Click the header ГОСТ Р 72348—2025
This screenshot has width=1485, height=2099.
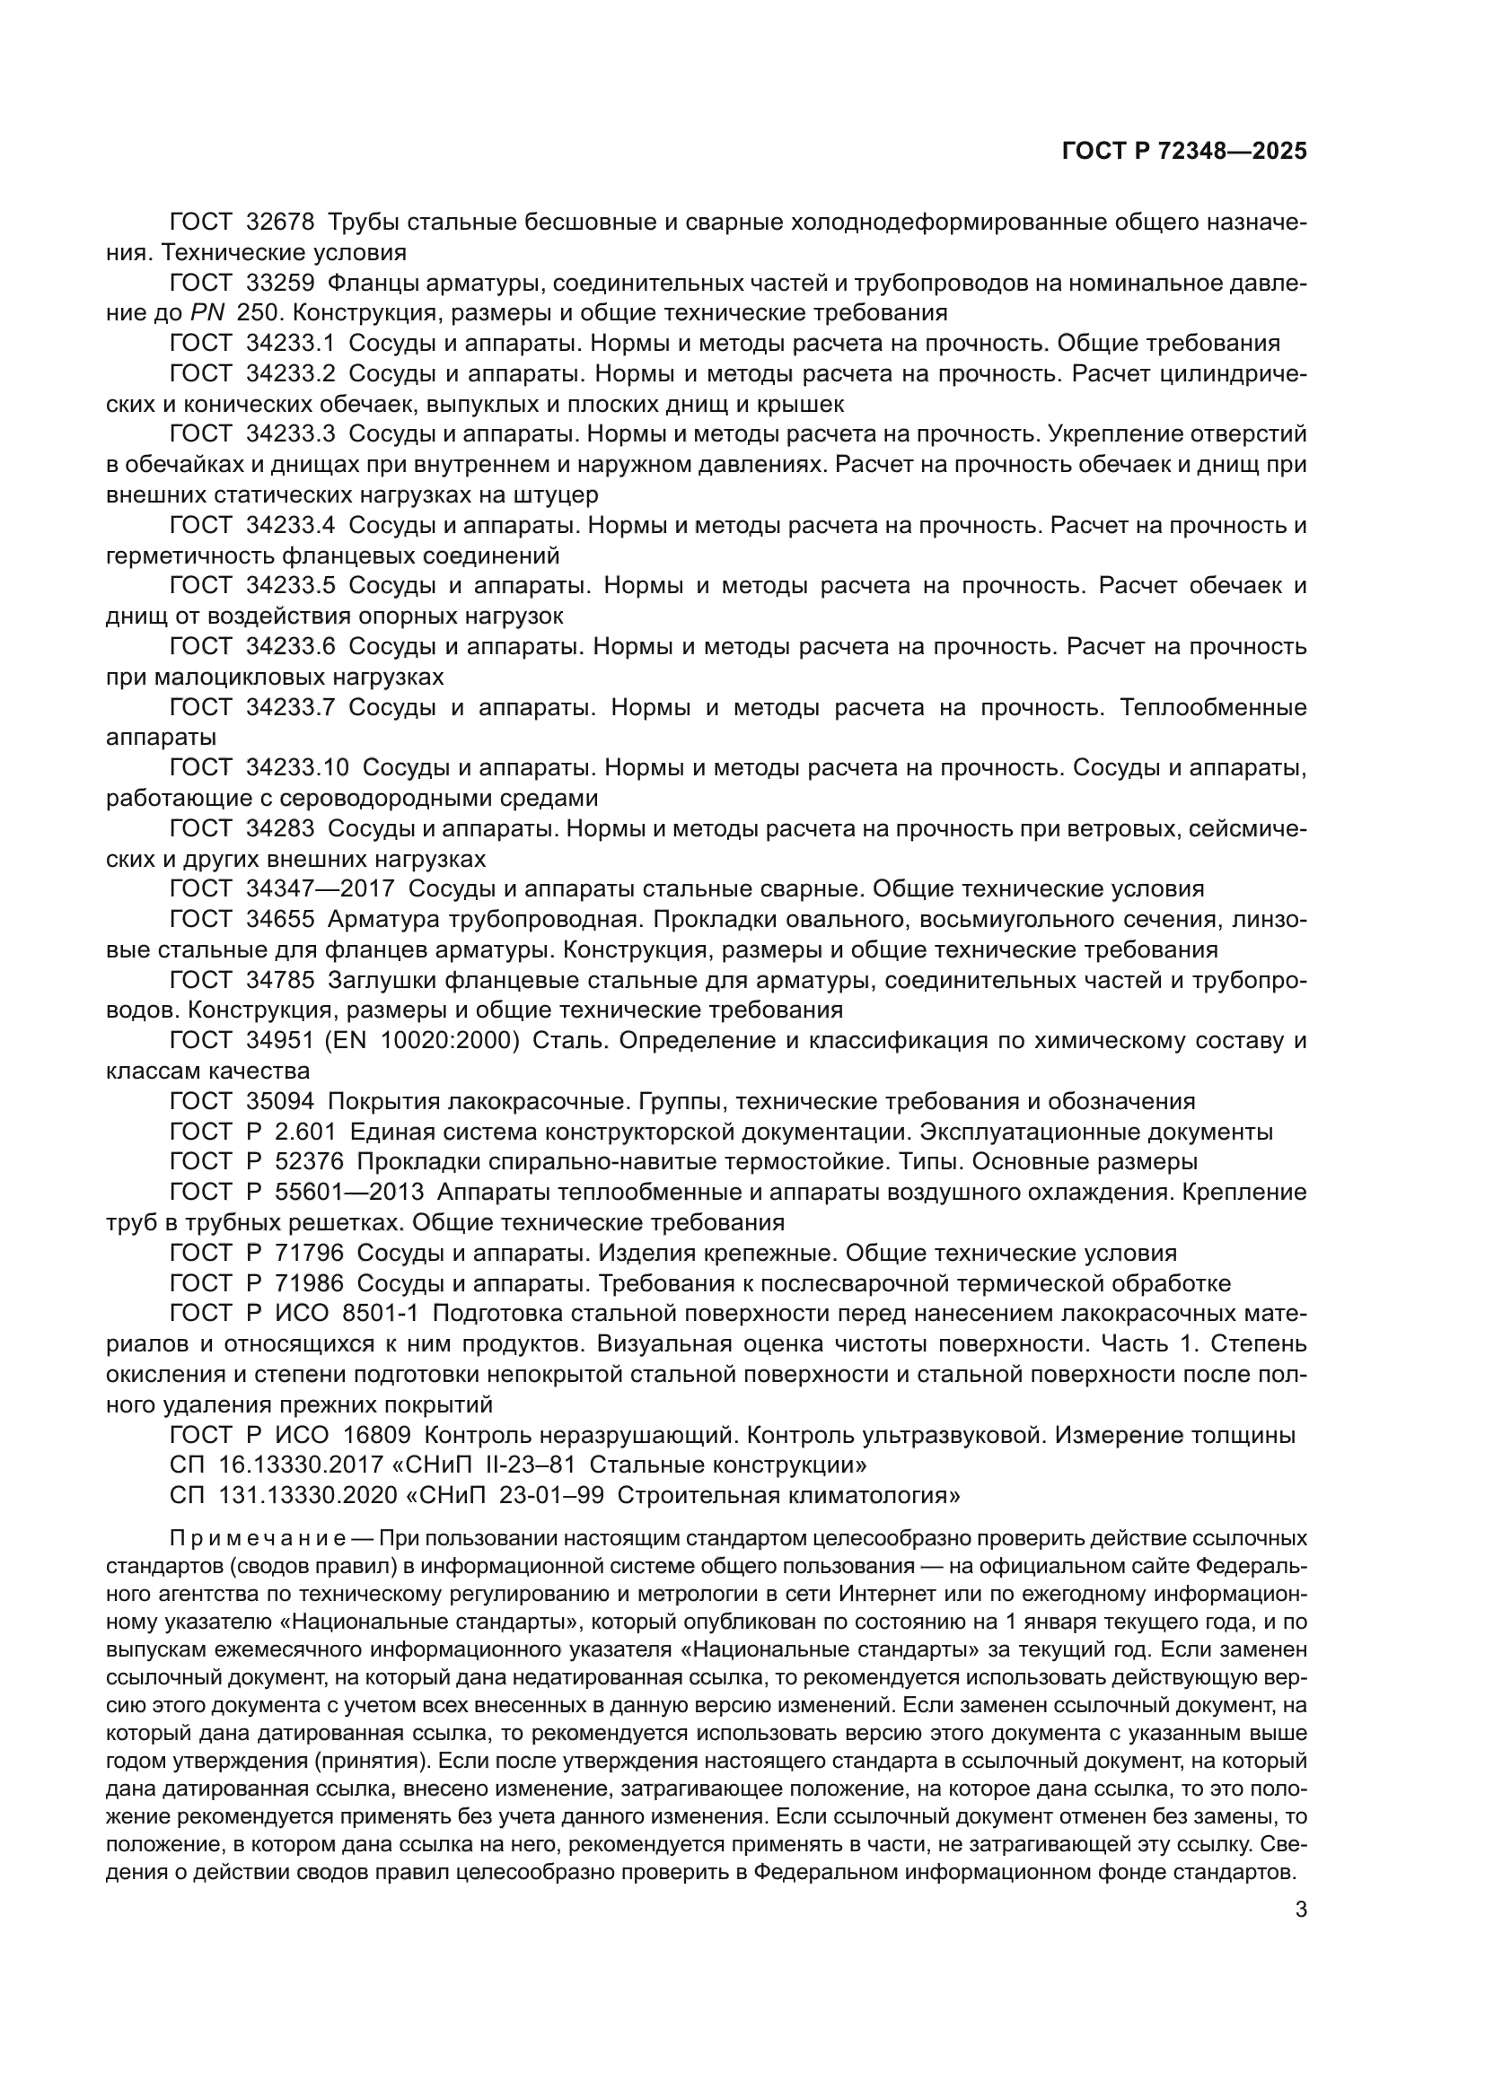(1183, 152)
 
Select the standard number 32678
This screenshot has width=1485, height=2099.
(280, 223)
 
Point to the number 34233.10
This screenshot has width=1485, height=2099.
(297, 768)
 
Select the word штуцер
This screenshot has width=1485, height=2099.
(558, 495)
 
